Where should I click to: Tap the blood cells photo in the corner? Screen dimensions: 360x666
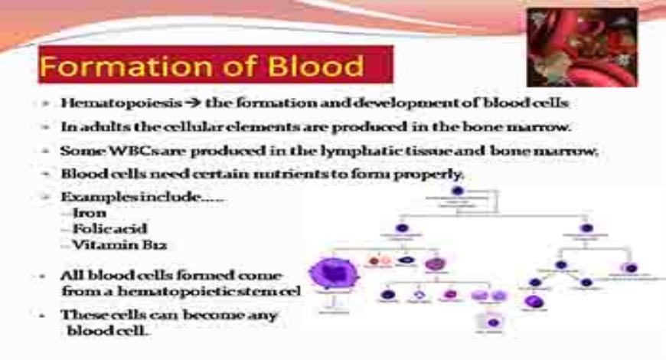pyautogui.click(x=583, y=47)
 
